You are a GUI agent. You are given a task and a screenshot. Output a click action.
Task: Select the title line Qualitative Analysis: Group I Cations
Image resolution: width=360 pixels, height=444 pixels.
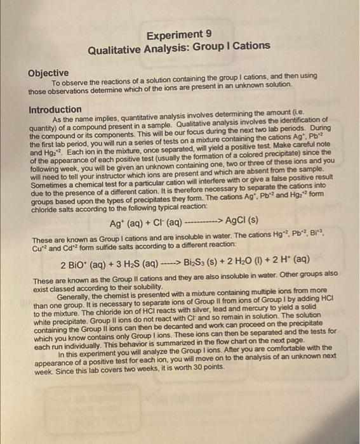[180, 49]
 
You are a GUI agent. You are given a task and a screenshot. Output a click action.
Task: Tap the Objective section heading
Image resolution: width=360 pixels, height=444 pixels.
[48, 74]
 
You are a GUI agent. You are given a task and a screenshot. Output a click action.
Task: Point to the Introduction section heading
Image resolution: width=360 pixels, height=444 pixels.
[55, 110]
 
